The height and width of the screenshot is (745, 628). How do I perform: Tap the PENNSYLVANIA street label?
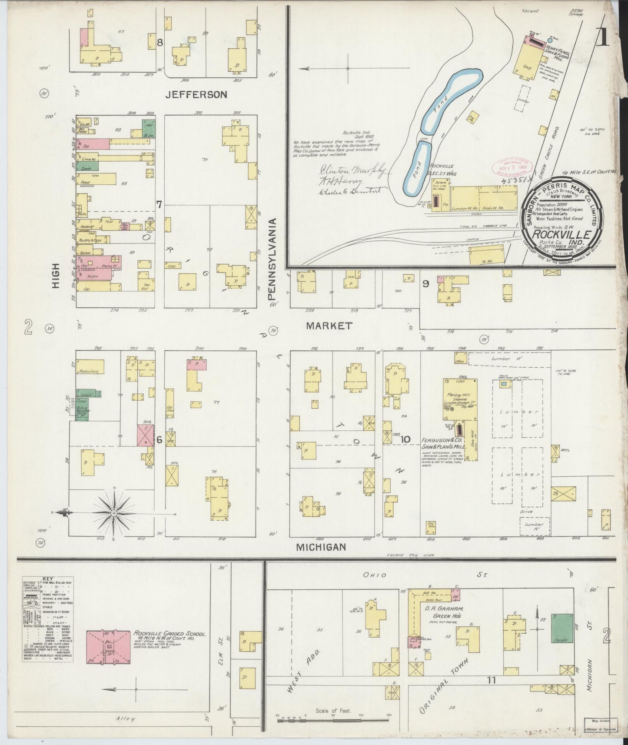(x=273, y=259)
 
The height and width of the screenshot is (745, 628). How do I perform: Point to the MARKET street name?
(x=329, y=325)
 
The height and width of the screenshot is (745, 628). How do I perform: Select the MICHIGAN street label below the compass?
(x=321, y=547)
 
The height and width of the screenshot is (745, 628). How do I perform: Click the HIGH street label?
(x=56, y=277)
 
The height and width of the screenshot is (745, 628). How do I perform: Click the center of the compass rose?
(x=114, y=513)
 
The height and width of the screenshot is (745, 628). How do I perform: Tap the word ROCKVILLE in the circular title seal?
(x=558, y=235)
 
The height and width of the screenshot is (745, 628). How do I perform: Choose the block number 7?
(x=159, y=204)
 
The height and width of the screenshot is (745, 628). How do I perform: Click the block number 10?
(x=405, y=439)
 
